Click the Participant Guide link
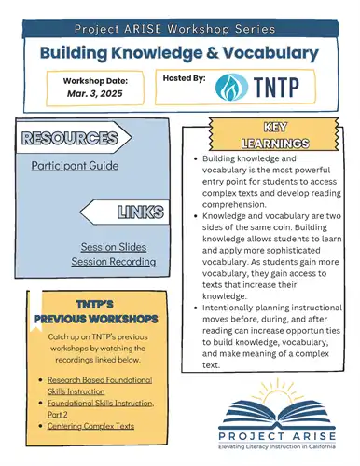[75, 166]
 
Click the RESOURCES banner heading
[70, 141]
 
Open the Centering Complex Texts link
[89, 426]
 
